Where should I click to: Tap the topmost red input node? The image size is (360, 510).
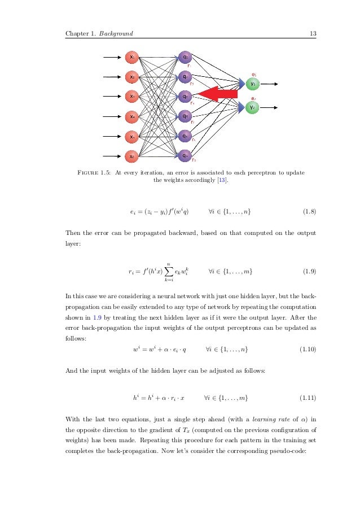[x=131, y=56]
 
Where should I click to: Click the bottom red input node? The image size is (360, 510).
[x=131, y=156]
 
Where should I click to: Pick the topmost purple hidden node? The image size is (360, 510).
[x=185, y=56]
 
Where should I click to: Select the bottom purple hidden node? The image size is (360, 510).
[x=185, y=155]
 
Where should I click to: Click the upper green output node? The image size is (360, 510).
[x=253, y=84]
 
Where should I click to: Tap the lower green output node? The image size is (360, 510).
[x=253, y=107]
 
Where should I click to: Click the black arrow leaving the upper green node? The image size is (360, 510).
[x=270, y=84]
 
